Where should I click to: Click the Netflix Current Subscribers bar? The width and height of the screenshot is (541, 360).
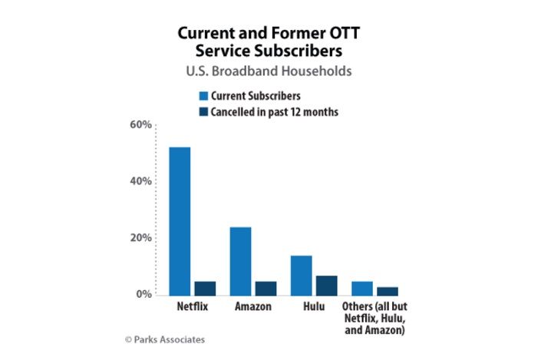coord(180,221)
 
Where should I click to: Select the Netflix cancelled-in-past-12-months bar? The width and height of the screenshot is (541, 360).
coord(205,289)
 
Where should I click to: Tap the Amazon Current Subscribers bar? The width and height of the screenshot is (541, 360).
coord(240,261)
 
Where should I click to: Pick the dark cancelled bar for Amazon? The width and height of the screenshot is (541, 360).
coord(266,289)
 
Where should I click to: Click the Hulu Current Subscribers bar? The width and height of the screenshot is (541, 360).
coord(301,276)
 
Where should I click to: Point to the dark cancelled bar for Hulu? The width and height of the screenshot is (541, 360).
coord(326,286)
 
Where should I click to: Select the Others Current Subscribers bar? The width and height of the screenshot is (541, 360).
coord(361,289)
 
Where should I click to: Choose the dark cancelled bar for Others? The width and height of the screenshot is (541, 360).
coord(387,291)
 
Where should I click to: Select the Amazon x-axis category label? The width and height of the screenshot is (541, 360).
coord(252,307)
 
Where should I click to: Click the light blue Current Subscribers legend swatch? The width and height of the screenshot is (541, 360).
coord(204,97)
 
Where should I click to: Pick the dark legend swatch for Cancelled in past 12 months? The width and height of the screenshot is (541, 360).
coord(204,112)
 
